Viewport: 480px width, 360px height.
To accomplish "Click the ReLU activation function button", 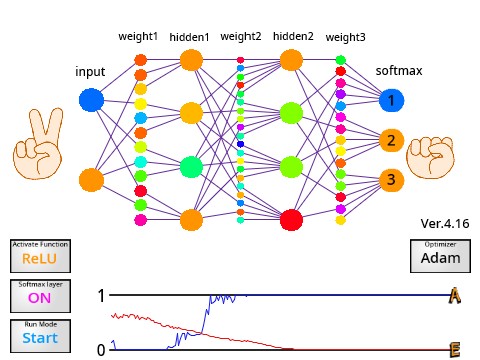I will pyautogui.click(x=40, y=257).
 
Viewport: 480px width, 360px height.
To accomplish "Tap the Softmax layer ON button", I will pyautogui.click(x=40, y=297).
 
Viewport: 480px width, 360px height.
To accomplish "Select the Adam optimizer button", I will pyautogui.click(x=440, y=257).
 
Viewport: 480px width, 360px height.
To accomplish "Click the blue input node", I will pyautogui.click(x=91, y=100).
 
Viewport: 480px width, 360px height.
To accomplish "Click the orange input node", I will pyautogui.click(x=91, y=180).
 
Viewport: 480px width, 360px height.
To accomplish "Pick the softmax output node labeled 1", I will pyautogui.click(x=392, y=100).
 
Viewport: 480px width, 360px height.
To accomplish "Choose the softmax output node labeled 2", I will pyautogui.click(x=392, y=140).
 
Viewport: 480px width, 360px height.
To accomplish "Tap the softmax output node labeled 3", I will pyautogui.click(x=392, y=180).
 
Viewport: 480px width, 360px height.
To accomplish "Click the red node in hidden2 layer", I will pyautogui.click(x=291, y=219).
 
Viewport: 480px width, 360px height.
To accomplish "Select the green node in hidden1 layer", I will pyautogui.click(x=191, y=166).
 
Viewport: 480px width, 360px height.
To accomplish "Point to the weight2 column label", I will pyautogui.click(x=240, y=37).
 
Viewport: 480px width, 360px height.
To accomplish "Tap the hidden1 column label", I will pyautogui.click(x=190, y=37).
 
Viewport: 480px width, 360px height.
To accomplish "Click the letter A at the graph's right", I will pyautogui.click(x=455, y=296).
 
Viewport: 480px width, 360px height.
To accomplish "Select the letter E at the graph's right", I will pyautogui.click(x=455, y=349).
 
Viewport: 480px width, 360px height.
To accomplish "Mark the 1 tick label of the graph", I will pyautogui.click(x=100, y=296).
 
